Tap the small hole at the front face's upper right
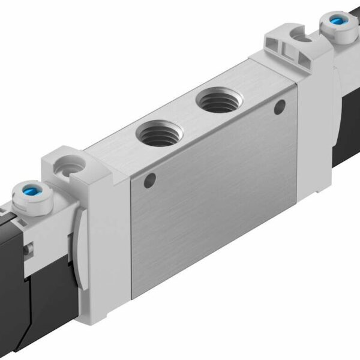[x=278, y=107]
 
